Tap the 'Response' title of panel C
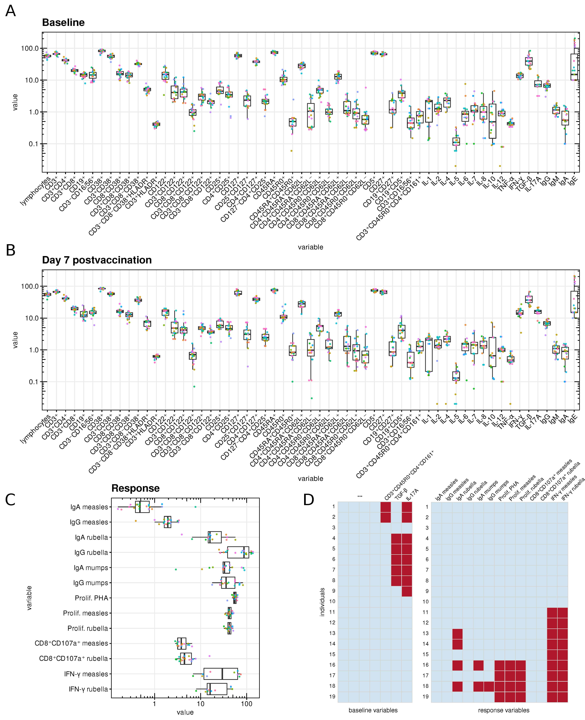[135, 488]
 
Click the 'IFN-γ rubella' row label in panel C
[88, 689]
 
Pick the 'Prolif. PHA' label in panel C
[91, 598]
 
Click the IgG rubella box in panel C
[238, 552]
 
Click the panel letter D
[308, 500]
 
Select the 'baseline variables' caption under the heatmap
[373, 710]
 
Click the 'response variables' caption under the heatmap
[503, 710]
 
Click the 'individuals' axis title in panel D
[322, 602]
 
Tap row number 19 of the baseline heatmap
[332, 696]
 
